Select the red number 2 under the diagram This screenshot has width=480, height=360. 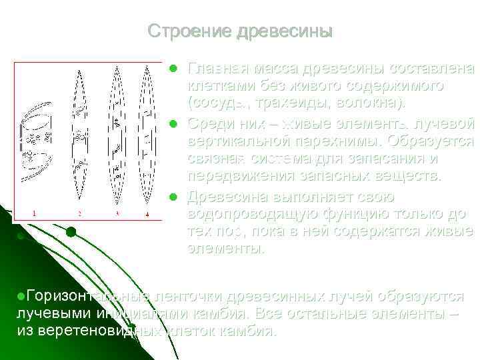[79, 213]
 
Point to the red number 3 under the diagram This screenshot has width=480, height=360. [117, 213]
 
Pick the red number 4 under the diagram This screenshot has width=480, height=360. [148, 213]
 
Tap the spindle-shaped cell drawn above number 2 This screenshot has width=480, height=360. [79, 133]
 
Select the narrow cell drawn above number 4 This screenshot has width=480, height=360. [148, 133]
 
